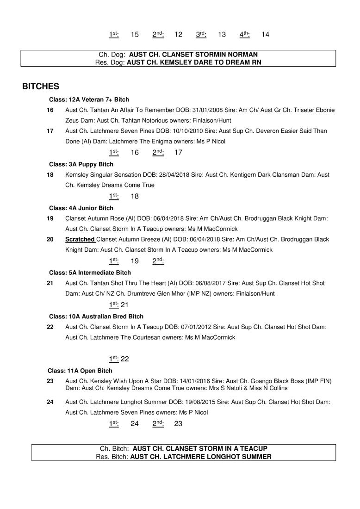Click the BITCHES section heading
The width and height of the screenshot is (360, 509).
tap(40, 87)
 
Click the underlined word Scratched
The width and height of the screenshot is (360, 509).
tap(81, 240)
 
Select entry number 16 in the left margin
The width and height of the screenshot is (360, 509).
tap(50, 110)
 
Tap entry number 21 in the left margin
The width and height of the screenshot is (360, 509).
tap(50, 283)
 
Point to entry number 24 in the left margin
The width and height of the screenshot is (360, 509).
tap(50, 402)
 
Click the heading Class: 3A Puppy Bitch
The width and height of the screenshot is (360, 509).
tap(81, 164)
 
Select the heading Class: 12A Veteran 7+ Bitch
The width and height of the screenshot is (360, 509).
tap(89, 99)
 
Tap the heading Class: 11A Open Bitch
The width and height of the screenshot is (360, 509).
tap(80, 371)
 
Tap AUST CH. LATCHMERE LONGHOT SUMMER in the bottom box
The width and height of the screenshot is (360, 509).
tap(201, 457)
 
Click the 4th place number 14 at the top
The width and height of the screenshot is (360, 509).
tap(265, 35)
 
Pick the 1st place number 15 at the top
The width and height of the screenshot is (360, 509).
tap(135, 35)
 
